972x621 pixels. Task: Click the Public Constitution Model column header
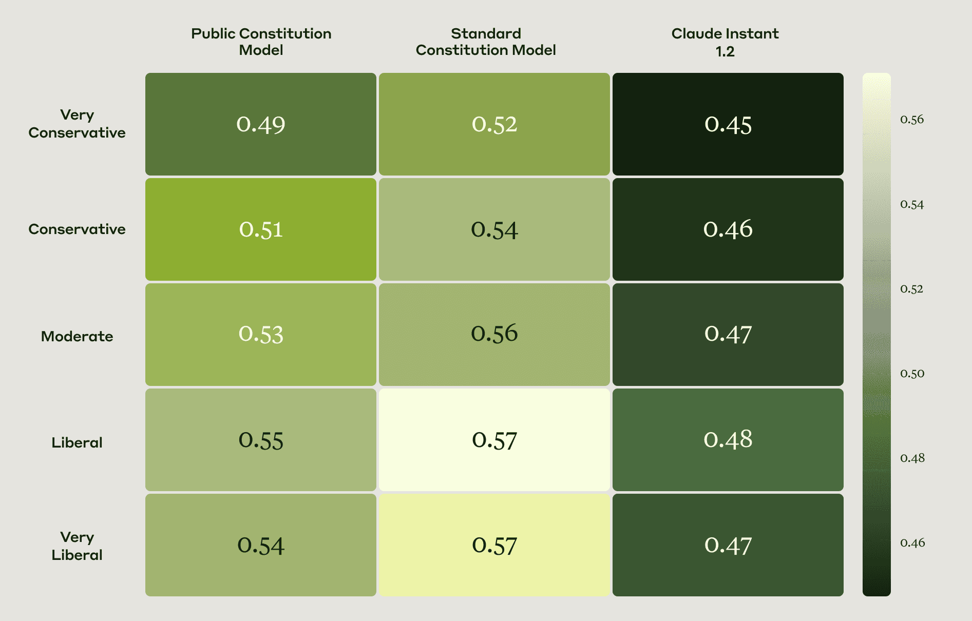coord(261,42)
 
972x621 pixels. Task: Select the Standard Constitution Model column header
coord(486,42)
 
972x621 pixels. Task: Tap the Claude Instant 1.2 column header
coord(725,42)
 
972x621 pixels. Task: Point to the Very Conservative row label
coord(77,124)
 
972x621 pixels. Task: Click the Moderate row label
coord(77,336)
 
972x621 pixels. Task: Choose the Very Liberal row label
coord(77,546)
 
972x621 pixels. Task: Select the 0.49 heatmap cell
coord(261,124)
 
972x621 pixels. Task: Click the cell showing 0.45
coord(728,124)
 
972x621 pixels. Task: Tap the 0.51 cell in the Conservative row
coord(261,229)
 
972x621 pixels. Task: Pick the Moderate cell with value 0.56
coord(494,335)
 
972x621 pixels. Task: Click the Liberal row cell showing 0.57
coord(494,440)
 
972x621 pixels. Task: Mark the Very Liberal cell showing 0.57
coord(494,545)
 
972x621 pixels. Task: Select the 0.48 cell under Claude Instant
coord(728,440)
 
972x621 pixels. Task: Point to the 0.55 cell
coord(261,440)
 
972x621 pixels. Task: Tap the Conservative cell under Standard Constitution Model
coord(494,229)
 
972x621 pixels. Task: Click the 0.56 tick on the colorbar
coord(912,120)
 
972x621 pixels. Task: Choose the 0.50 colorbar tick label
coord(912,374)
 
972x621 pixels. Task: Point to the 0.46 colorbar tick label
coord(912,543)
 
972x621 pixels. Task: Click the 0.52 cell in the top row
coord(494,124)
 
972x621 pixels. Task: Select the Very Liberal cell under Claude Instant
coord(728,545)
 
